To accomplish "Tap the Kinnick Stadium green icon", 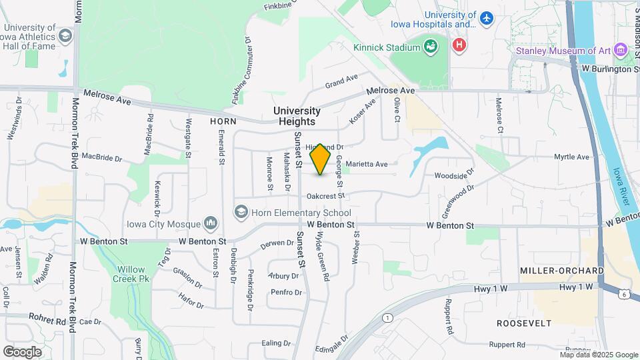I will [x=431, y=47].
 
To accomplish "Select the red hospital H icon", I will [x=459, y=46].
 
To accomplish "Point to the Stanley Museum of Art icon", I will [x=621, y=51].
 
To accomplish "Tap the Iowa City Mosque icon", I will [x=211, y=221].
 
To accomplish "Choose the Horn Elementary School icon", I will [x=241, y=212].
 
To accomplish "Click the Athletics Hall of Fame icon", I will [x=65, y=35].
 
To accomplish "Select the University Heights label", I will [x=297, y=116].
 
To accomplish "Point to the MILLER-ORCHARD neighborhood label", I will [x=563, y=271].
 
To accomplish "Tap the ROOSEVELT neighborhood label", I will [x=524, y=323].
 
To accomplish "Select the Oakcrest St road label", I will [x=325, y=196].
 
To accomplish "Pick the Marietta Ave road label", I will [x=367, y=164].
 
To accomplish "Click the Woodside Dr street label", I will [x=453, y=176].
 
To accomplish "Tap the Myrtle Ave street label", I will [x=572, y=157].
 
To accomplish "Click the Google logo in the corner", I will [x=22, y=351].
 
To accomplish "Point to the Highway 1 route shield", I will [x=387, y=317].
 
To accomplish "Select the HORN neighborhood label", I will [x=223, y=121].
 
